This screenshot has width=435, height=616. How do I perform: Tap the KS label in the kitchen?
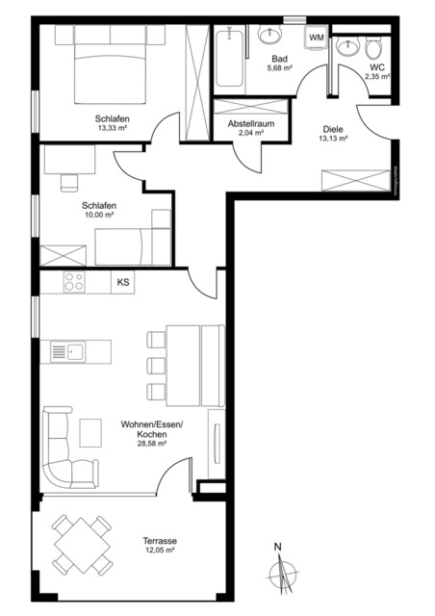[x=123, y=282]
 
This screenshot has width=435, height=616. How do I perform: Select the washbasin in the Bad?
[x=270, y=38]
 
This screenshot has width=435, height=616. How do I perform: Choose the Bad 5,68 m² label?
[x=280, y=62]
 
